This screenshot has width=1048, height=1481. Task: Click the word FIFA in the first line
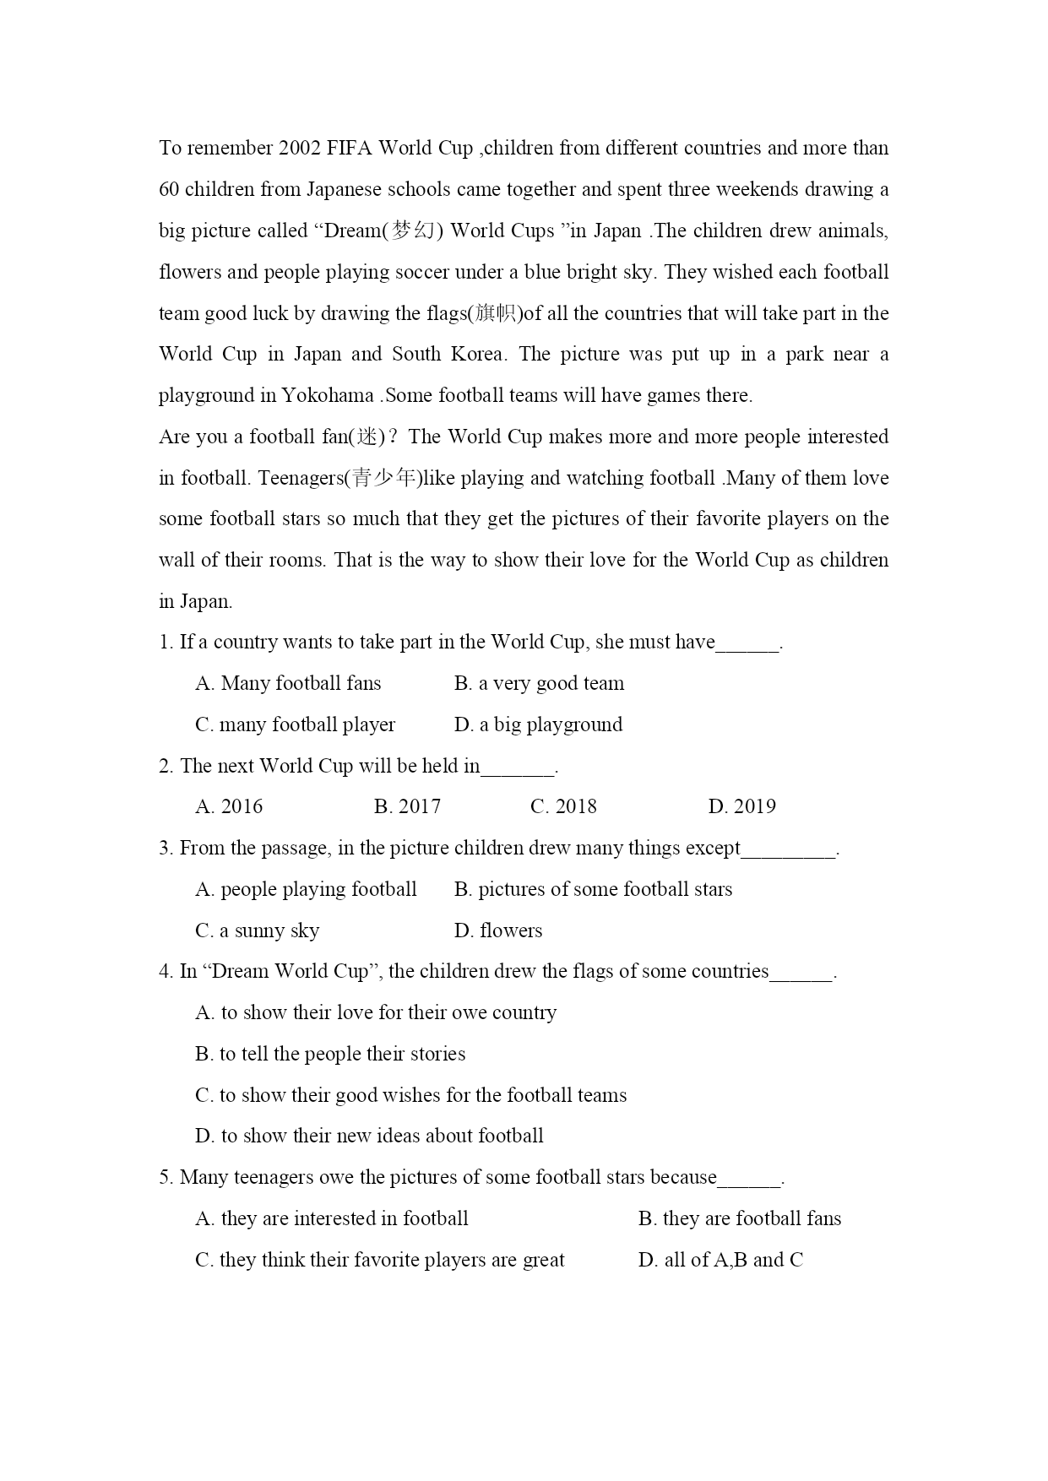pyautogui.click(x=349, y=149)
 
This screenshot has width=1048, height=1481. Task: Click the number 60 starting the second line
pyautogui.click(x=169, y=189)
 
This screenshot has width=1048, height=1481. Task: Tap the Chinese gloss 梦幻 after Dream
pyautogui.click(x=413, y=231)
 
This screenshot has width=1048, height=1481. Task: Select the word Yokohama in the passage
pyautogui.click(x=327, y=395)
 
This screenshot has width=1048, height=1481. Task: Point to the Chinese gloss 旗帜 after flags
pyautogui.click(x=497, y=313)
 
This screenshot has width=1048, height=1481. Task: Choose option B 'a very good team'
pyautogui.click(x=539, y=683)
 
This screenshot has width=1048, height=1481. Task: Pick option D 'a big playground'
pyautogui.click(x=538, y=724)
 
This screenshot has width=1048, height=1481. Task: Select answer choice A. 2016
pyautogui.click(x=229, y=806)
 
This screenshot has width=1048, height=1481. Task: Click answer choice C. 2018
pyautogui.click(x=563, y=806)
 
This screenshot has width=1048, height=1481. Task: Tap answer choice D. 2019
pyautogui.click(x=741, y=806)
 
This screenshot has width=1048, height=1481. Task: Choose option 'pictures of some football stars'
pyautogui.click(x=593, y=889)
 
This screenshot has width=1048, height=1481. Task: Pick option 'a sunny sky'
pyautogui.click(x=257, y=930)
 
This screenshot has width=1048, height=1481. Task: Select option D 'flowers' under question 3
pyautogui.click(x=498, y=930)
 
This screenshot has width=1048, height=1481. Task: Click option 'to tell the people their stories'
pyautogui.click(x=330, y=1054)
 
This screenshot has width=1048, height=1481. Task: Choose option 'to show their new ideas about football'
pyautogui.click(x=369, y=1136)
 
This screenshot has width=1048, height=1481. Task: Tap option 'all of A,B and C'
pyautogui.click(x=720, y=1260)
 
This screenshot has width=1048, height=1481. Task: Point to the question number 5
pyautogui.click(x=165, y=1177)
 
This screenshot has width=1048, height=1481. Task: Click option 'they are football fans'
pyautogui.click(x=740, y=1218)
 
